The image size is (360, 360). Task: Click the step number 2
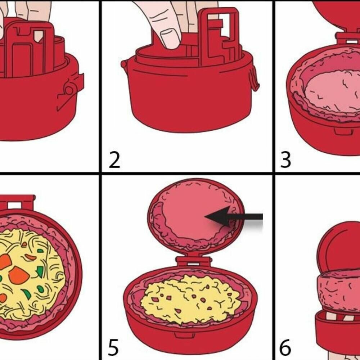click(x=114, y=160)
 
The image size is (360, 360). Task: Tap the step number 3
click(x=286, y=160)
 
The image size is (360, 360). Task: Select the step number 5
click(x=113, y=347)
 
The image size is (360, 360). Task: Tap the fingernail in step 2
click(x=170, y=39)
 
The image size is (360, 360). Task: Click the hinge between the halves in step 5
click(x=193, y=261)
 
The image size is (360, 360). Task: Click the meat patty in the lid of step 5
click(x=195, y=215)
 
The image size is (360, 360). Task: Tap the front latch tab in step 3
click(x=343, y=131)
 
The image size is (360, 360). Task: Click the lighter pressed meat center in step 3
click(x=333, y=92)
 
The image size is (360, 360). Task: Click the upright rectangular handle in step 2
click(x=219, y=37)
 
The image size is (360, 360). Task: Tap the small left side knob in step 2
click(x=124, y=64)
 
